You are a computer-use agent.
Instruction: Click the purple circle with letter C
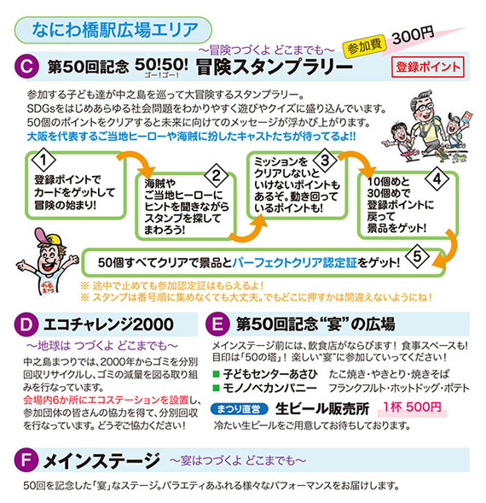click(27, 67)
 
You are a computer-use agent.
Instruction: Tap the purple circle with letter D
click(26, 325)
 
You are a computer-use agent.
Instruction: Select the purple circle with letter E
click(218, 325)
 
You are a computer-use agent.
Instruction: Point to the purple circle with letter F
click(26, 460)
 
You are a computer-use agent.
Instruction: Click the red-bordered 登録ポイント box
click(428, 67)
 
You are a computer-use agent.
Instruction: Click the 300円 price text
click(413, 35)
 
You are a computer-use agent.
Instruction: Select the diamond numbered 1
click(43, 160)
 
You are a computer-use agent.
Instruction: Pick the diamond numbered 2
click(217, 175)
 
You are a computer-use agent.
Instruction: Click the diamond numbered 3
click(325, 160)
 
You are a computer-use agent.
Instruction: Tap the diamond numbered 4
click(437, 178)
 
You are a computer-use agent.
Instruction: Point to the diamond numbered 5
click(417, 256)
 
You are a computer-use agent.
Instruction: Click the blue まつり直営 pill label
click(240, 409)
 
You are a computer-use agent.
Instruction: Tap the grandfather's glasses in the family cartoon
click(423, 107)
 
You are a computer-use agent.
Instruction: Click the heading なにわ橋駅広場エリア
click(115, 30)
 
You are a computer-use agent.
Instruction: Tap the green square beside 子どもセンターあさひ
click(217, 374)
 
